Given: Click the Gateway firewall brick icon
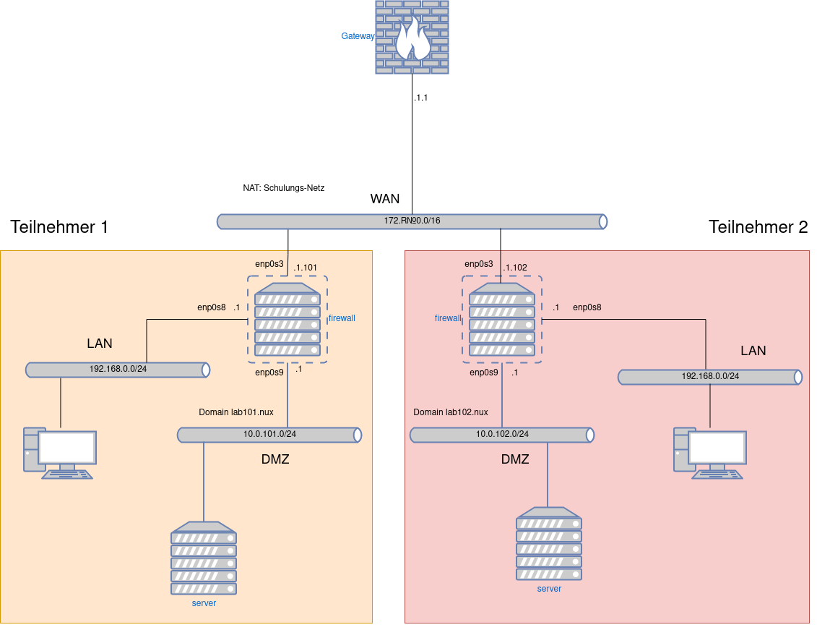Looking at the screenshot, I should [x=412, y=37].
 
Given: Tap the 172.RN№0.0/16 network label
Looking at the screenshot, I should [x=412, y=221].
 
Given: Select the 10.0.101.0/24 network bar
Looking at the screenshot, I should [x=269, y=435].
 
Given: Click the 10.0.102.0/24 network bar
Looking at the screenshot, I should [x=501, y=435].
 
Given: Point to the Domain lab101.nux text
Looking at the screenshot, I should [x=236, y=412].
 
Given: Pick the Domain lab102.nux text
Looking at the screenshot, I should [x=451, y=412].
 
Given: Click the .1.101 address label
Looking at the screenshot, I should [x=305, y=268].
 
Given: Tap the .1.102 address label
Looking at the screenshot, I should [x=515, y=268].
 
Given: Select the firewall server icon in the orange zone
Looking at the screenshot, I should [x=288, y=320].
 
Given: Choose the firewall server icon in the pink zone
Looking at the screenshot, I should [x=502, y=320].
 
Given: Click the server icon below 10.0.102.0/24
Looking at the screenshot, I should [x=549, y=544].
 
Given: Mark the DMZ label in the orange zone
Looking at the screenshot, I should [x=275, y=459].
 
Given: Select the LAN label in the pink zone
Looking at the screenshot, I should [x=753, y=351].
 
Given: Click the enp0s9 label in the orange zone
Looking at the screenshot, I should [x=269, y=373].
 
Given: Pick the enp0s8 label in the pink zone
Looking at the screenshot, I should [x=587, y=307].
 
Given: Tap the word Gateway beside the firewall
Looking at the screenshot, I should [x=358, y=36].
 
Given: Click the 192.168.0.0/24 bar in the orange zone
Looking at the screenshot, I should [x=118, y=370].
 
